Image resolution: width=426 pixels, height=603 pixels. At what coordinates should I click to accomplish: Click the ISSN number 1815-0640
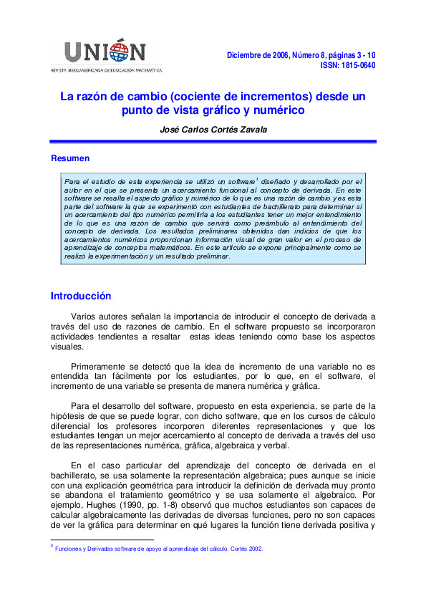pos(355,65)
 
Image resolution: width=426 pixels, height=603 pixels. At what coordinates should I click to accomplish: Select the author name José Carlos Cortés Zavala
pos(213,129)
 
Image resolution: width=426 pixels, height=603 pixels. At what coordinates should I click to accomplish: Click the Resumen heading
pos(70,158)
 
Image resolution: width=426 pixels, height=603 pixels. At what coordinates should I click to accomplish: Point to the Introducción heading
pos(81,295)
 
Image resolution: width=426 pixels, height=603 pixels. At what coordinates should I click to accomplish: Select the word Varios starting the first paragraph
pos(86,316)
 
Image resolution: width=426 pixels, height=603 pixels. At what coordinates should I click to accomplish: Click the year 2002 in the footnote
pos(256,549)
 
